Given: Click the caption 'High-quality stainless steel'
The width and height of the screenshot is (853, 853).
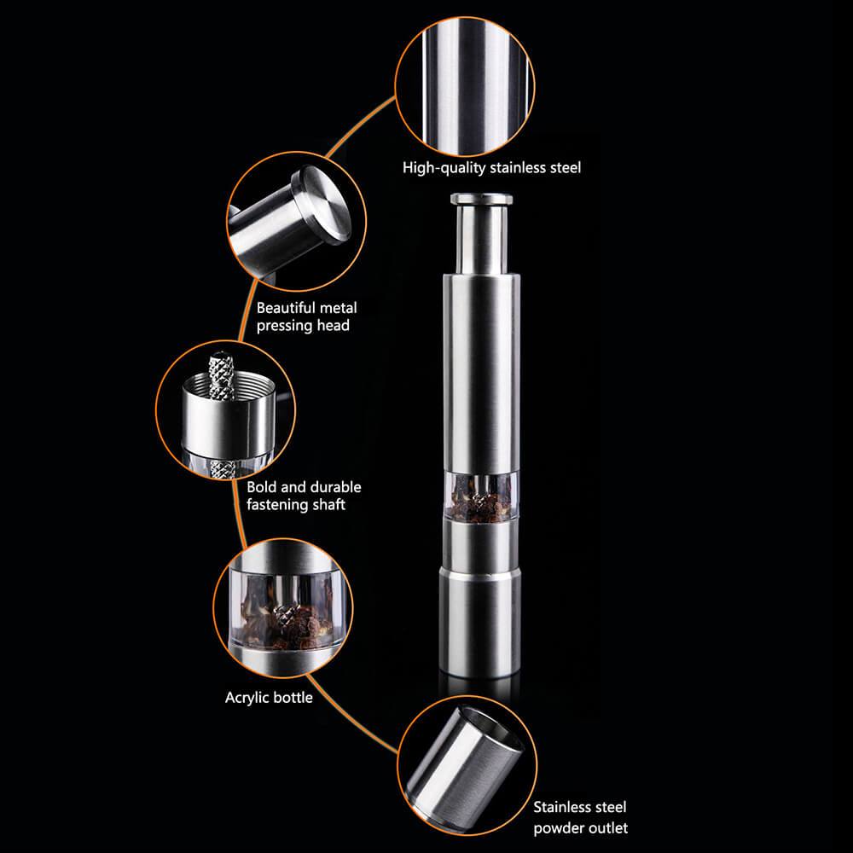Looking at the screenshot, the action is pos(491,167).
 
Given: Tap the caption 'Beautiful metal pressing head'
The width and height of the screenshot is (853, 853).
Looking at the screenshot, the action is pos(307,316).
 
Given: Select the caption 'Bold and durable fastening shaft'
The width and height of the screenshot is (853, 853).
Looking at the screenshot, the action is pos(304,496).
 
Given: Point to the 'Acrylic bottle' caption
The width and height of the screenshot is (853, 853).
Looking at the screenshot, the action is pos(269,698).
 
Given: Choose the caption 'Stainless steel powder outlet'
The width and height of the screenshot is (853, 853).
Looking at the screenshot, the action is pos(580,817).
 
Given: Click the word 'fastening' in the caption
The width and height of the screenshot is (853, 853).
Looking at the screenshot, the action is pos(274,505).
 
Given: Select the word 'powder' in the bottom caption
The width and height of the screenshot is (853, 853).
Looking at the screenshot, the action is pos(555,828).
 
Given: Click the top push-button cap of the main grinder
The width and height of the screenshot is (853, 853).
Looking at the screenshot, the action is pos(481,199).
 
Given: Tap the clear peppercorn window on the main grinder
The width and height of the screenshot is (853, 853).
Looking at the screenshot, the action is pos(480,495).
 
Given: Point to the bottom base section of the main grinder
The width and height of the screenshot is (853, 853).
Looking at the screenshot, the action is pos(479,622).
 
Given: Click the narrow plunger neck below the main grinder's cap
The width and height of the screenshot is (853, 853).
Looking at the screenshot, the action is pos(481,240).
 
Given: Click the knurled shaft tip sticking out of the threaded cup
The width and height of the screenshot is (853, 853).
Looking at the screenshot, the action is pos(223,375).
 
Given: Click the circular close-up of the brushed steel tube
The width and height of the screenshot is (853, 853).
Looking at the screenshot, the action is pos(465,86).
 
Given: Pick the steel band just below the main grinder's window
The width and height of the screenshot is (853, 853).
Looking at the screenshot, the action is pos(480,543).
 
